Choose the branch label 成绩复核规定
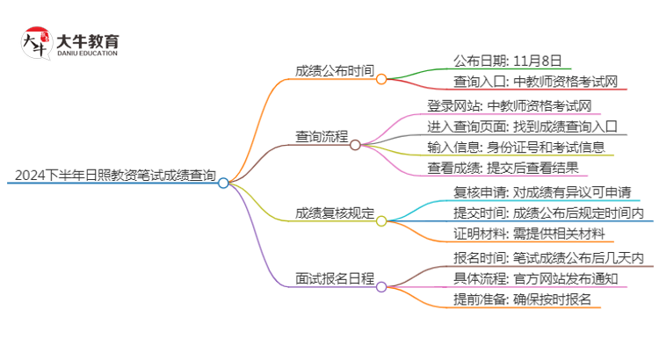click(336, 212)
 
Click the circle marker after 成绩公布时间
click(381, 78)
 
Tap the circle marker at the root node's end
click(224, 183)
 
